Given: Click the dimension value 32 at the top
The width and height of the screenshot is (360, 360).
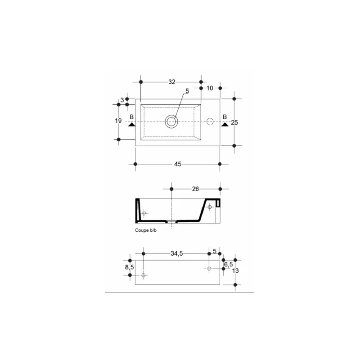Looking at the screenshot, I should pos(171,82).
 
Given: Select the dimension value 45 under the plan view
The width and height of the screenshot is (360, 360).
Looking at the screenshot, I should pos(178,164).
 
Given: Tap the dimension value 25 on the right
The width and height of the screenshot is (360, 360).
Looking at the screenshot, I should pos(234,122).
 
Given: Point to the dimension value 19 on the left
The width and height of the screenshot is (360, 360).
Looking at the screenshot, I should pos(118,121).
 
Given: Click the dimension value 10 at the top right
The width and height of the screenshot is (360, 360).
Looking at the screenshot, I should pos(210,88).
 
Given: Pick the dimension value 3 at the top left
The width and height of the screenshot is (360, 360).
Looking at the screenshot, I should pos(122,100).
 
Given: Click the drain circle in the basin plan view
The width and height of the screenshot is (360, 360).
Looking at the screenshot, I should pos(171,121).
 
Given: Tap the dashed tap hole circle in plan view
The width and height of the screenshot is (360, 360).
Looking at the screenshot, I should pos(210,121).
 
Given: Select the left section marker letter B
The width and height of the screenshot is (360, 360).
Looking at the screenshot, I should pos(131,117).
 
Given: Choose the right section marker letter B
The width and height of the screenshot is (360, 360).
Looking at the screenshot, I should pos(224,117).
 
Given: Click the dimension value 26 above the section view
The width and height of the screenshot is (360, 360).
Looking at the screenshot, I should pos(195,189).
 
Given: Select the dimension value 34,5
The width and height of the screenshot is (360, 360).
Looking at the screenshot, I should pos(176,254).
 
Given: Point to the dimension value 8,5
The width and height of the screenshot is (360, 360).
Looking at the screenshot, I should pos(129,267).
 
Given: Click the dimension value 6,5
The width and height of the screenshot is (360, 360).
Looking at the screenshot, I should pos(228,264).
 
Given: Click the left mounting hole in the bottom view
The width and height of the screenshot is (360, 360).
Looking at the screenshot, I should pos(144,275).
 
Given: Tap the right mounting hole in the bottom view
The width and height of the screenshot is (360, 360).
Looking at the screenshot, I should pos(209,269).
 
